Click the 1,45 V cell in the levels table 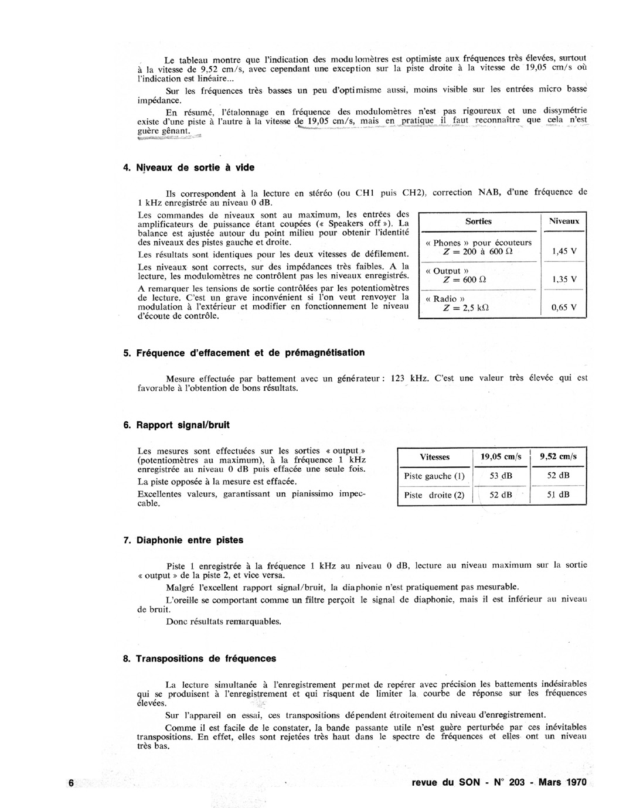[x=564, y=251]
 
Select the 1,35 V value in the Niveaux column [x=564, y=279]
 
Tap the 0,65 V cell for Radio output [x=564, y=307]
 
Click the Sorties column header [x=478, y=221]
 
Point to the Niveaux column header [x=564, y=221]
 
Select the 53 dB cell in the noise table [x=501, y=476]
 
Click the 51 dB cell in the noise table [x=558, y=495]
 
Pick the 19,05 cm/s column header [x=501, y=457]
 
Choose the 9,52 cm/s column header [x=558, y=457]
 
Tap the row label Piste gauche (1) [x=434, y=476]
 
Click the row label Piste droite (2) [x=434, y=495]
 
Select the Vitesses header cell [x=434, y=457]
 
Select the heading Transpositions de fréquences [x=206, y=659]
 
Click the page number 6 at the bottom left [x=71, y=783]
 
